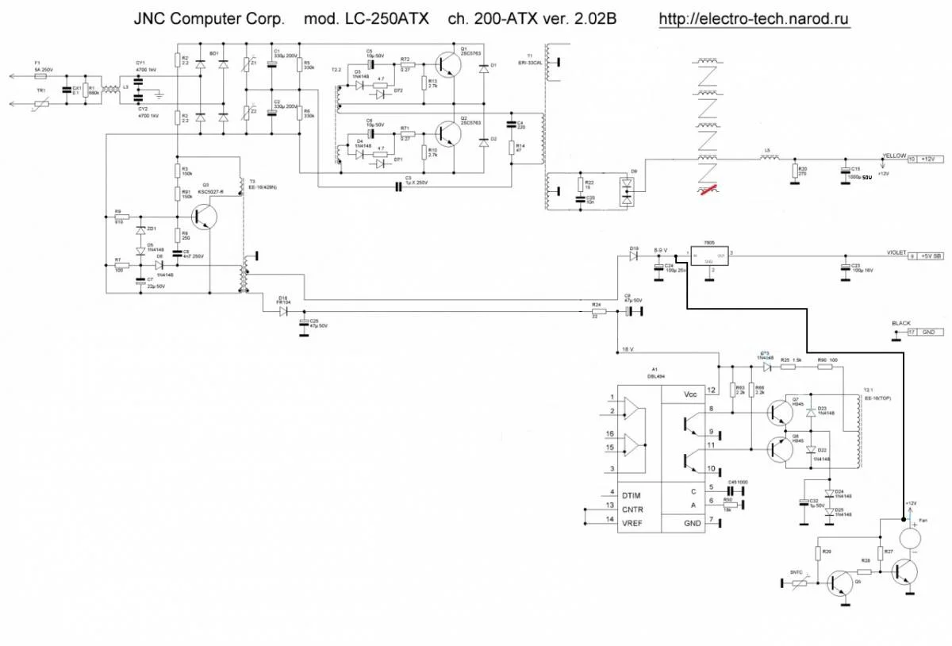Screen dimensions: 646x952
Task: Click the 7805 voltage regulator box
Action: point(708,256)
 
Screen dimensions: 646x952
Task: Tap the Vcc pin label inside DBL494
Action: point(689,394)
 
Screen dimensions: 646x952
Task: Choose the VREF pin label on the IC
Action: point(609,520)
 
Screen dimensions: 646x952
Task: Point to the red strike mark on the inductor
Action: point(706,188)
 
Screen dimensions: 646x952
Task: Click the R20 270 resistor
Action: point(794,171)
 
